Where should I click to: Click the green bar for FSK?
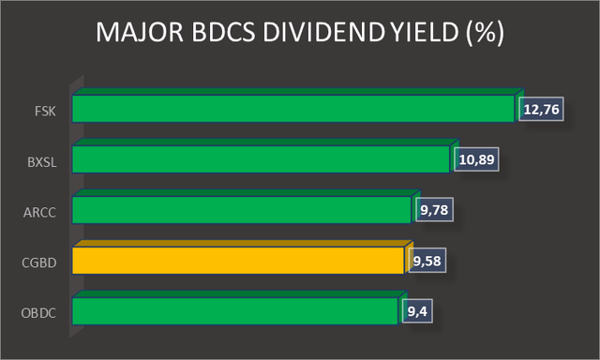coord(294,109)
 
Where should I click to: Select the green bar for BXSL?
coord(261,158)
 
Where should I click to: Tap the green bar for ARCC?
coord(241,209)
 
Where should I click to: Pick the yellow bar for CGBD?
coord(238,260)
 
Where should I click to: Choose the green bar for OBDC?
coord(234,310)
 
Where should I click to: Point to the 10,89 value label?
coord(476,159)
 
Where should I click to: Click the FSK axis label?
coord(45,111)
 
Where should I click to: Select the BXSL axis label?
coord(42,161)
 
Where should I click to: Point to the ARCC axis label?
coord(41,212)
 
